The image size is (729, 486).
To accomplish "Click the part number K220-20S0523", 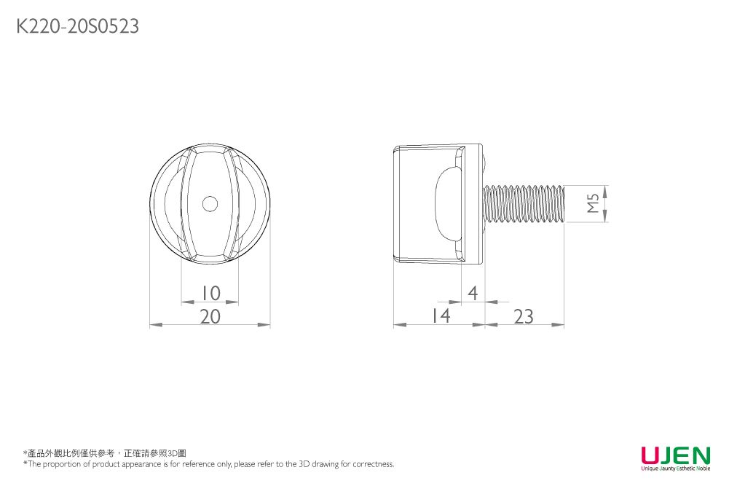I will coord(77,27).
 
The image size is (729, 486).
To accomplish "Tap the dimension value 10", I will coord(210,293).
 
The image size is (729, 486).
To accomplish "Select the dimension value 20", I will coord(210,316).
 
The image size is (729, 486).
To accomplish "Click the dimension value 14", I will coord(439,316).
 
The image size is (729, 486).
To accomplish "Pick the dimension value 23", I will coord(523,316).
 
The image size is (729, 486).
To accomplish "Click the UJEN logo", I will coord(675,456).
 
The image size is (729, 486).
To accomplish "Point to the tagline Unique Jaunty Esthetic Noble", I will coord(675,469).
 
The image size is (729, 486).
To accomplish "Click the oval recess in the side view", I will coord(446,204).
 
